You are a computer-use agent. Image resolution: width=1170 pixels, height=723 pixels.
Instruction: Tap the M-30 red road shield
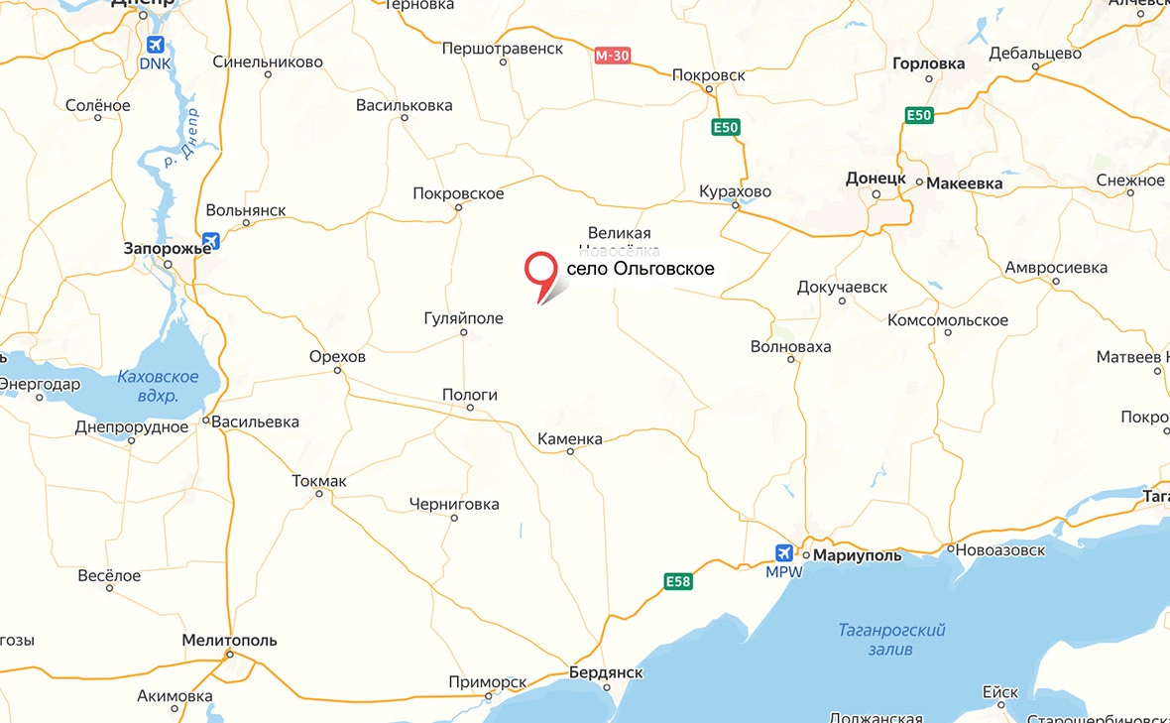coord(612,56)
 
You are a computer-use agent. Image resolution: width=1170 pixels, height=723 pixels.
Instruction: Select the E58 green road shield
coord(677,581)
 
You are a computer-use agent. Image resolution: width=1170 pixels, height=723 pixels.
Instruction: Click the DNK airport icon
coord(155,45)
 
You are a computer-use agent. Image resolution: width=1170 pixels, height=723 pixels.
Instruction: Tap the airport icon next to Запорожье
coord(209,241)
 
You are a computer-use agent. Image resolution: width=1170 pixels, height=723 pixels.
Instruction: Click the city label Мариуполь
coord(858,555)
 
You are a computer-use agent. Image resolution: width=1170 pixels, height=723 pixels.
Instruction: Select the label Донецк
coord(876,179)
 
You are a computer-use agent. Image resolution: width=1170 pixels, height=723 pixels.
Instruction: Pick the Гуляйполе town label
coord(463,318)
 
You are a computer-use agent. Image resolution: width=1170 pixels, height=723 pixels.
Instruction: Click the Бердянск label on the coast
coord(606,672)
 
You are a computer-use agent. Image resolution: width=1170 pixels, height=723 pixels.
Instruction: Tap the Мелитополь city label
coord(230,641)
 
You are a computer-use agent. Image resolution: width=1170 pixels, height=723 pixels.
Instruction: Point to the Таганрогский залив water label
coord(891,640)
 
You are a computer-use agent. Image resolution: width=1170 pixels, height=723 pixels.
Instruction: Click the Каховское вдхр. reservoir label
coord(158,386)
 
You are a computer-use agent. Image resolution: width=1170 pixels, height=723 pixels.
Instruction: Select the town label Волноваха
coord(791,347)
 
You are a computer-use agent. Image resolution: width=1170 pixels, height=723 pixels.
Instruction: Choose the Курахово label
coord(735,191)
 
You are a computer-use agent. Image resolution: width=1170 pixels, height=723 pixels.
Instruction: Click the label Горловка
coord(928,63)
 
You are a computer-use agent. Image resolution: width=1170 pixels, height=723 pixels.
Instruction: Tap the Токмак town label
coord(319,481)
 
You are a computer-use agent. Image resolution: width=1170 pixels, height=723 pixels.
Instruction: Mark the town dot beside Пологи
coord(469,408)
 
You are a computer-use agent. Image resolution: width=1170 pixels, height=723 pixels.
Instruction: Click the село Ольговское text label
coord(640,269)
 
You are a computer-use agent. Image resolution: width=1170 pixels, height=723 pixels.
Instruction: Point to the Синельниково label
coord(268,61)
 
